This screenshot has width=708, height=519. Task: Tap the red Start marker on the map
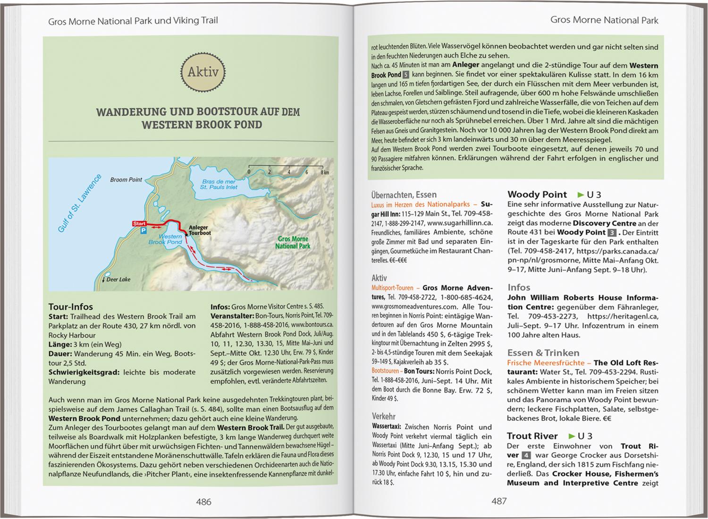[x=139, y=223]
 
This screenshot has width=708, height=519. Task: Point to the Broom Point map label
[x=126, y=179]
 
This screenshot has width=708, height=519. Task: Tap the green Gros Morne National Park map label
[x=293, y=242]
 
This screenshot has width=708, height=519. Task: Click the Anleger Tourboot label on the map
[x=200, y=230]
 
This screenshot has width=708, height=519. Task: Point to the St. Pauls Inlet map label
[x=219, y=184]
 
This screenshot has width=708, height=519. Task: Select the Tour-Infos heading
[x=71, y=307]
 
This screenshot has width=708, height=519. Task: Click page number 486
[x=203, y=502]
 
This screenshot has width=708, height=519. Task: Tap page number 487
[x=498, y=502]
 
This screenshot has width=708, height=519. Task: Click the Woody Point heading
[x=537, y=195]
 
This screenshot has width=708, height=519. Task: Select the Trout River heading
[x=532, y=436]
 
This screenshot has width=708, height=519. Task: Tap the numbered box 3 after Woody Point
[x=612, y=232]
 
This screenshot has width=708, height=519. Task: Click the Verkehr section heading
[x=383, y=417]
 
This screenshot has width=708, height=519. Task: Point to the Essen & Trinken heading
[x=537, y=353]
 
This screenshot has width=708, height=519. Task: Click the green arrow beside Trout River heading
[x=571, y=436]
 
